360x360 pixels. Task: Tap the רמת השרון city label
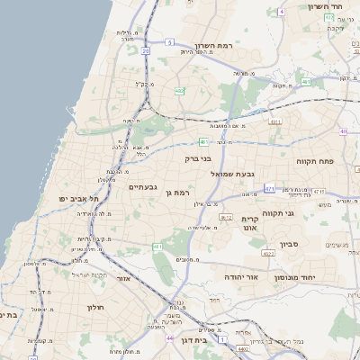(x=214, y=45)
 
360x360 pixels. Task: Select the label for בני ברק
(x=197, y=158)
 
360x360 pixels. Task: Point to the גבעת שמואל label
(x=237, y=174)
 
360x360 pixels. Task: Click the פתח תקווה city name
(x=315, y=161)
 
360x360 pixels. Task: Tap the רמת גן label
(x=182, y=193)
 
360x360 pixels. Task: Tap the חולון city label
(x=97, y=308)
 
